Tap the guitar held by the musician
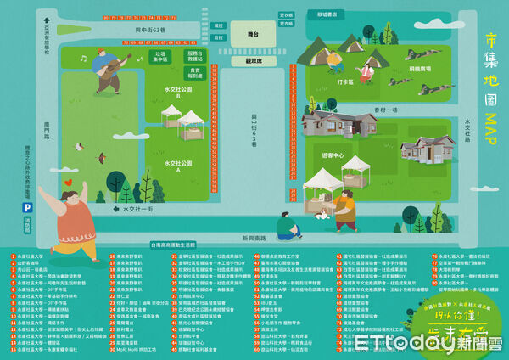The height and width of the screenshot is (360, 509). (x=113, y=66)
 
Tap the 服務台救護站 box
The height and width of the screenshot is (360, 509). (x=194, y=56)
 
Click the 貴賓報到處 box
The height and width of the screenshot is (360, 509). (x=194, y=74)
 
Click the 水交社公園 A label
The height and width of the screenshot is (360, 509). (x=179, y=165)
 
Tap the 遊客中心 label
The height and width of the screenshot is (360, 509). (x=333, y=155)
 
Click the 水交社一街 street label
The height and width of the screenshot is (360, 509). (x=137, y=208)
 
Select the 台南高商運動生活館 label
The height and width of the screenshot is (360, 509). (x=178, y=245)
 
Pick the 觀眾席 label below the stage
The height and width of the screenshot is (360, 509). (x=253, y=61)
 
